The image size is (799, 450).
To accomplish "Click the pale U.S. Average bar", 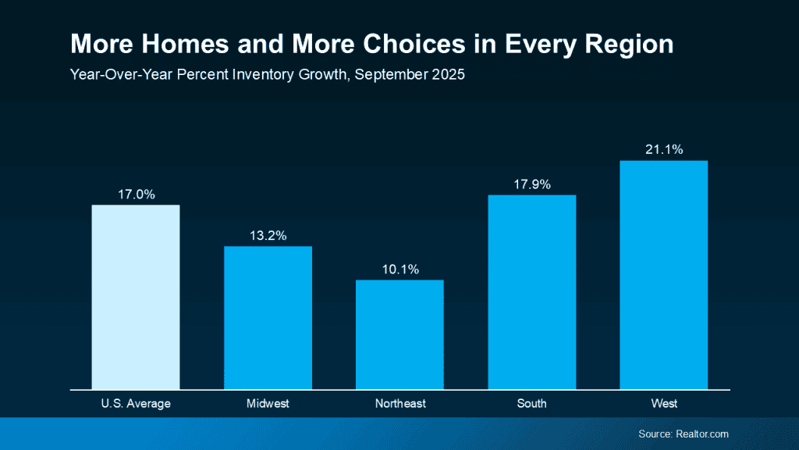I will point(136,297).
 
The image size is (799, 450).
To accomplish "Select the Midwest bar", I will point(268,317).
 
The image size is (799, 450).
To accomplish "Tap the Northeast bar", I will point(399,334).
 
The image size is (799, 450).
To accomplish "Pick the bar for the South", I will point(532,291).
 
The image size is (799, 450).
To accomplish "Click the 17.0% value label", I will point(136,194).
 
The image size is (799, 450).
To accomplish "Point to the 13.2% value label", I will point(268,235).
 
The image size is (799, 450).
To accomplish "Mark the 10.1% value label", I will point(400,270).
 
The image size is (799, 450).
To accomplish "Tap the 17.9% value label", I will point(532,184).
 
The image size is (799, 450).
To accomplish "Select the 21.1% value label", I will point(664,149).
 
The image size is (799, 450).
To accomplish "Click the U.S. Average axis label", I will point(136,404).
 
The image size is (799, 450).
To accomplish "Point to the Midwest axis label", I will point(268,404).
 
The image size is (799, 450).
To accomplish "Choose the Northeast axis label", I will point(400,404).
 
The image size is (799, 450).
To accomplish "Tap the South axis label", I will point(532,404).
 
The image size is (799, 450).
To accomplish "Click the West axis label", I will point(664,404).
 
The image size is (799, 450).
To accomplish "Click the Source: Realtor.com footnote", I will point(683,434).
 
